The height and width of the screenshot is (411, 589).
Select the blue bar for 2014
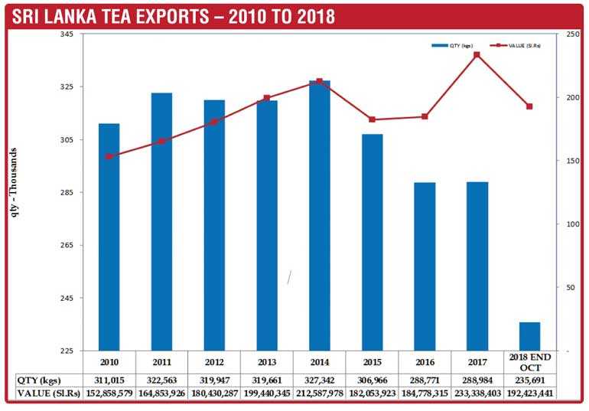point(320,214)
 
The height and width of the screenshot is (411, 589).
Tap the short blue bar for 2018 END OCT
point(529,336)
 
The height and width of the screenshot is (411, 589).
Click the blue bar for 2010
point(109,236)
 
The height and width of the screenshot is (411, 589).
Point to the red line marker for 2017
point(477,54)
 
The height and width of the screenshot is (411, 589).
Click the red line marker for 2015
point(372,119)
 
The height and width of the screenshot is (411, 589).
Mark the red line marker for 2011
point(161,141)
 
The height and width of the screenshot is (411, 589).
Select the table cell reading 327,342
point(320,380)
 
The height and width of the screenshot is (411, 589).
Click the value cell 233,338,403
point(477,393)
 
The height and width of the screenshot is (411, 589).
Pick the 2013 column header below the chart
point(267,361)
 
